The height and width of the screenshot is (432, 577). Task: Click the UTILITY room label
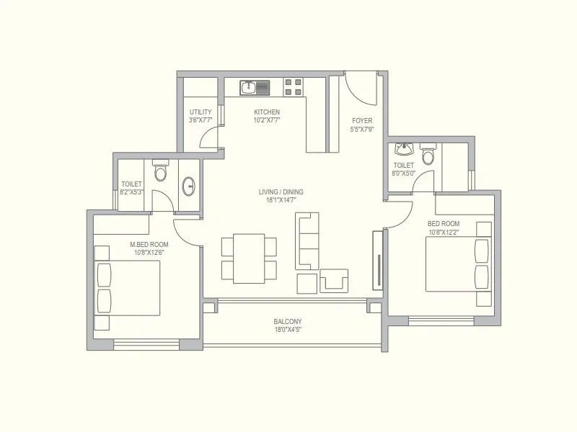click(201, 112)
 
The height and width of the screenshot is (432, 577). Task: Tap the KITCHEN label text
click(267, 112)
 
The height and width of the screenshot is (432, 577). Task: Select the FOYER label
click(361, 120)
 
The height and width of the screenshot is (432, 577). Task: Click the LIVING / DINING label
click(281, 192)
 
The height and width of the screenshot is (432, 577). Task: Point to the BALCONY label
click(288, 322)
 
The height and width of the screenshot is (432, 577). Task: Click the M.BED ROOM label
click(149, 245)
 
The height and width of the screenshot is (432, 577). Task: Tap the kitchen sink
click(254, 88)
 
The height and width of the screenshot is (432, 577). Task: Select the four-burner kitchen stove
click(293, 87)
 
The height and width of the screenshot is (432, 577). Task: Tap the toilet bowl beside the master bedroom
click(160, 171)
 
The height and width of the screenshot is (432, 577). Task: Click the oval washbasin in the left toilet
click(190, 186)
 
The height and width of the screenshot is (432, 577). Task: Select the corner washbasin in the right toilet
click(402, 150)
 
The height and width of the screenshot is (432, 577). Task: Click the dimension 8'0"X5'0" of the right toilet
click(404, 173)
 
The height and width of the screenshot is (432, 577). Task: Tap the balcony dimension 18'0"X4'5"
click(288, 330)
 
